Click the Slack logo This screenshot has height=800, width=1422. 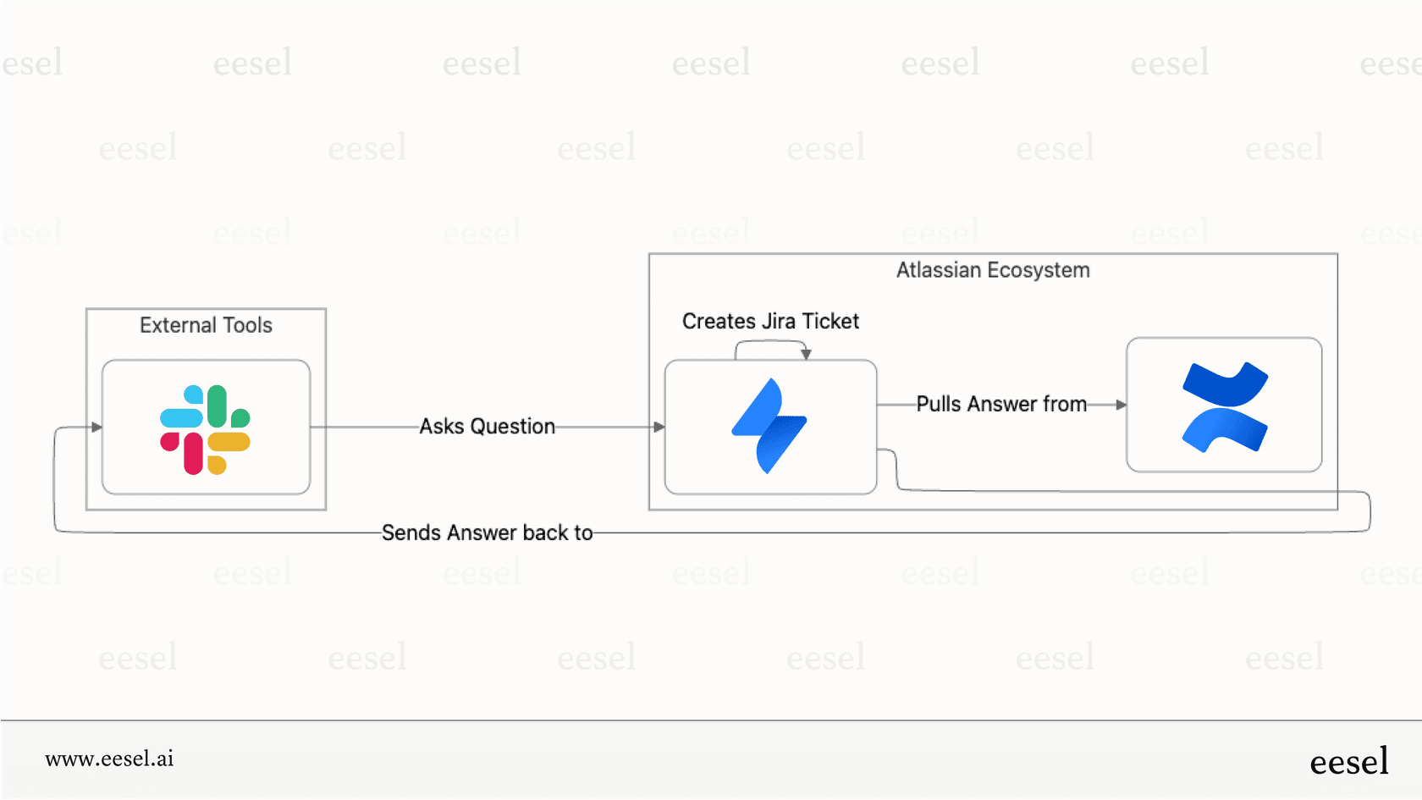[x=205, y=429]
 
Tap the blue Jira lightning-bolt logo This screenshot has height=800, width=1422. [x=769, y=426]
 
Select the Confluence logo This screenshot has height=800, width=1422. [x=1224, y=406]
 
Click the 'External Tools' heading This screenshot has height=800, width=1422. [x=206, y=325]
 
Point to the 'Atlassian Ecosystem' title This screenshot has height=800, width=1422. [x=992, y=270]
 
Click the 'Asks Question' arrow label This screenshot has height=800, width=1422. [x=488, y=427]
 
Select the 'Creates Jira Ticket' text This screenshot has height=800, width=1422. [x=770, y=322]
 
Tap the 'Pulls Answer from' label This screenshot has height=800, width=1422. [x=1001, y=404]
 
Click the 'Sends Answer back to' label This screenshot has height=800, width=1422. [x=487, y=532]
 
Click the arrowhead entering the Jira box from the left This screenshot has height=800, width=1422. [x=659, y=427]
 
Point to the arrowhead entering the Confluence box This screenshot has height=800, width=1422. [x=1121, y=405]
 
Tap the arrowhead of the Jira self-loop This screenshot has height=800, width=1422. [x=806, y=354]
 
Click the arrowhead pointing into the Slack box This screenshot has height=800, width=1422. [x=96, y=427]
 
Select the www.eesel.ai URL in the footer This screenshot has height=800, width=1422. [x=109, y=759]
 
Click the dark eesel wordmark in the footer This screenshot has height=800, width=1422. [x=1348, y=761]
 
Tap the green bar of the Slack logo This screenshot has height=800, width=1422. [x=218, y=406]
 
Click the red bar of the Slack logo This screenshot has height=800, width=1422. [x=193, y=453]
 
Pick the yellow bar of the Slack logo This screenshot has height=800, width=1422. [x=229, y=442]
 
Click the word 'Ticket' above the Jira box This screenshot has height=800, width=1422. [x=830, y=322]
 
